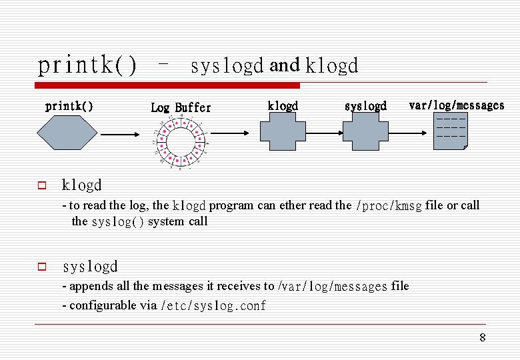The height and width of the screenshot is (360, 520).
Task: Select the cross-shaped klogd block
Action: point(283,135)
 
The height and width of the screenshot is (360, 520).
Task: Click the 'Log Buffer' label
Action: point(181,107)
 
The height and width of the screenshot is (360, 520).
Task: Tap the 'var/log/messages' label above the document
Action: point(456,105)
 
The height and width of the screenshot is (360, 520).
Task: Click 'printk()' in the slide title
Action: point(87,65)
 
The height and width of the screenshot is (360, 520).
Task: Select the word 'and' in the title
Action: point(285,65)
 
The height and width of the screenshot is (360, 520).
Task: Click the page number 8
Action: point(483,338)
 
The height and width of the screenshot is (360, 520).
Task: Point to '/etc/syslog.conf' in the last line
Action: point(213,306)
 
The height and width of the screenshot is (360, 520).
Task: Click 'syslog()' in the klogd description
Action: point(117,222)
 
